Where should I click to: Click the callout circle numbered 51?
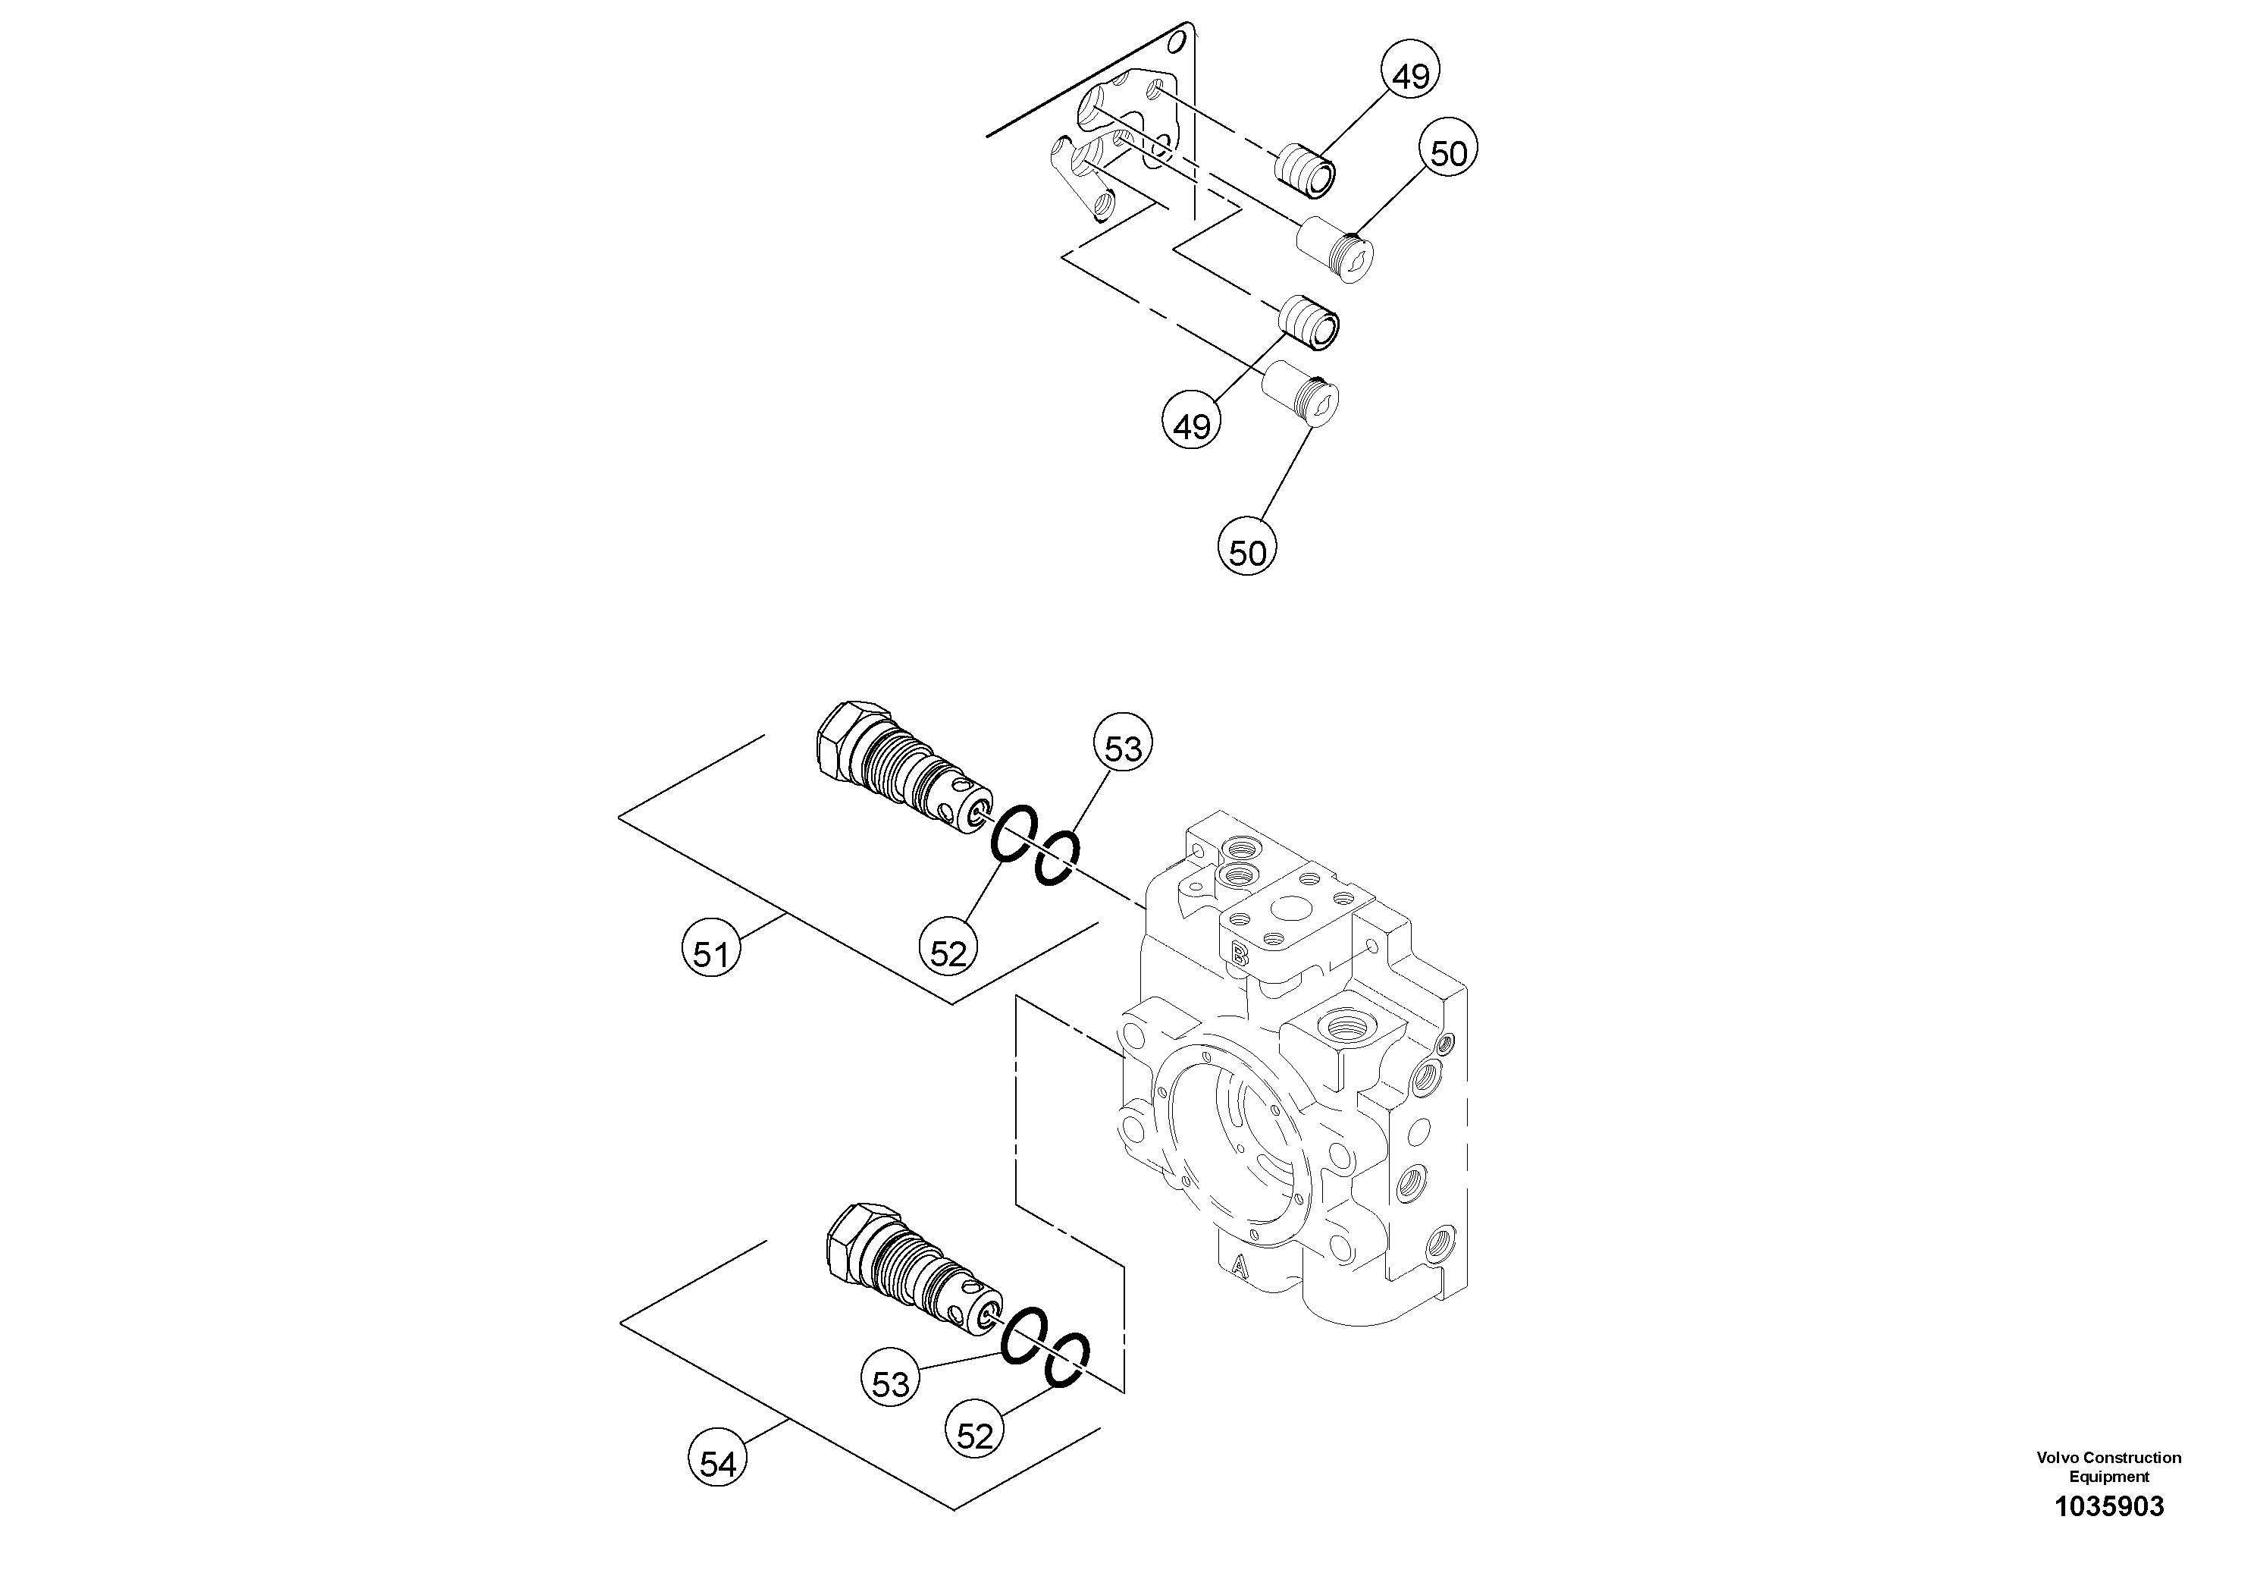[710, 952]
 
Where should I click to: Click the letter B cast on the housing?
[1240, 952]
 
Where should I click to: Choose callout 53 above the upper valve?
[1123, 749]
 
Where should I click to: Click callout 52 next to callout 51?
[948, 952]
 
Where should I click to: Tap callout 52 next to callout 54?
[974, 1436]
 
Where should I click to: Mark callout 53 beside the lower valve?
[891, 1383]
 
